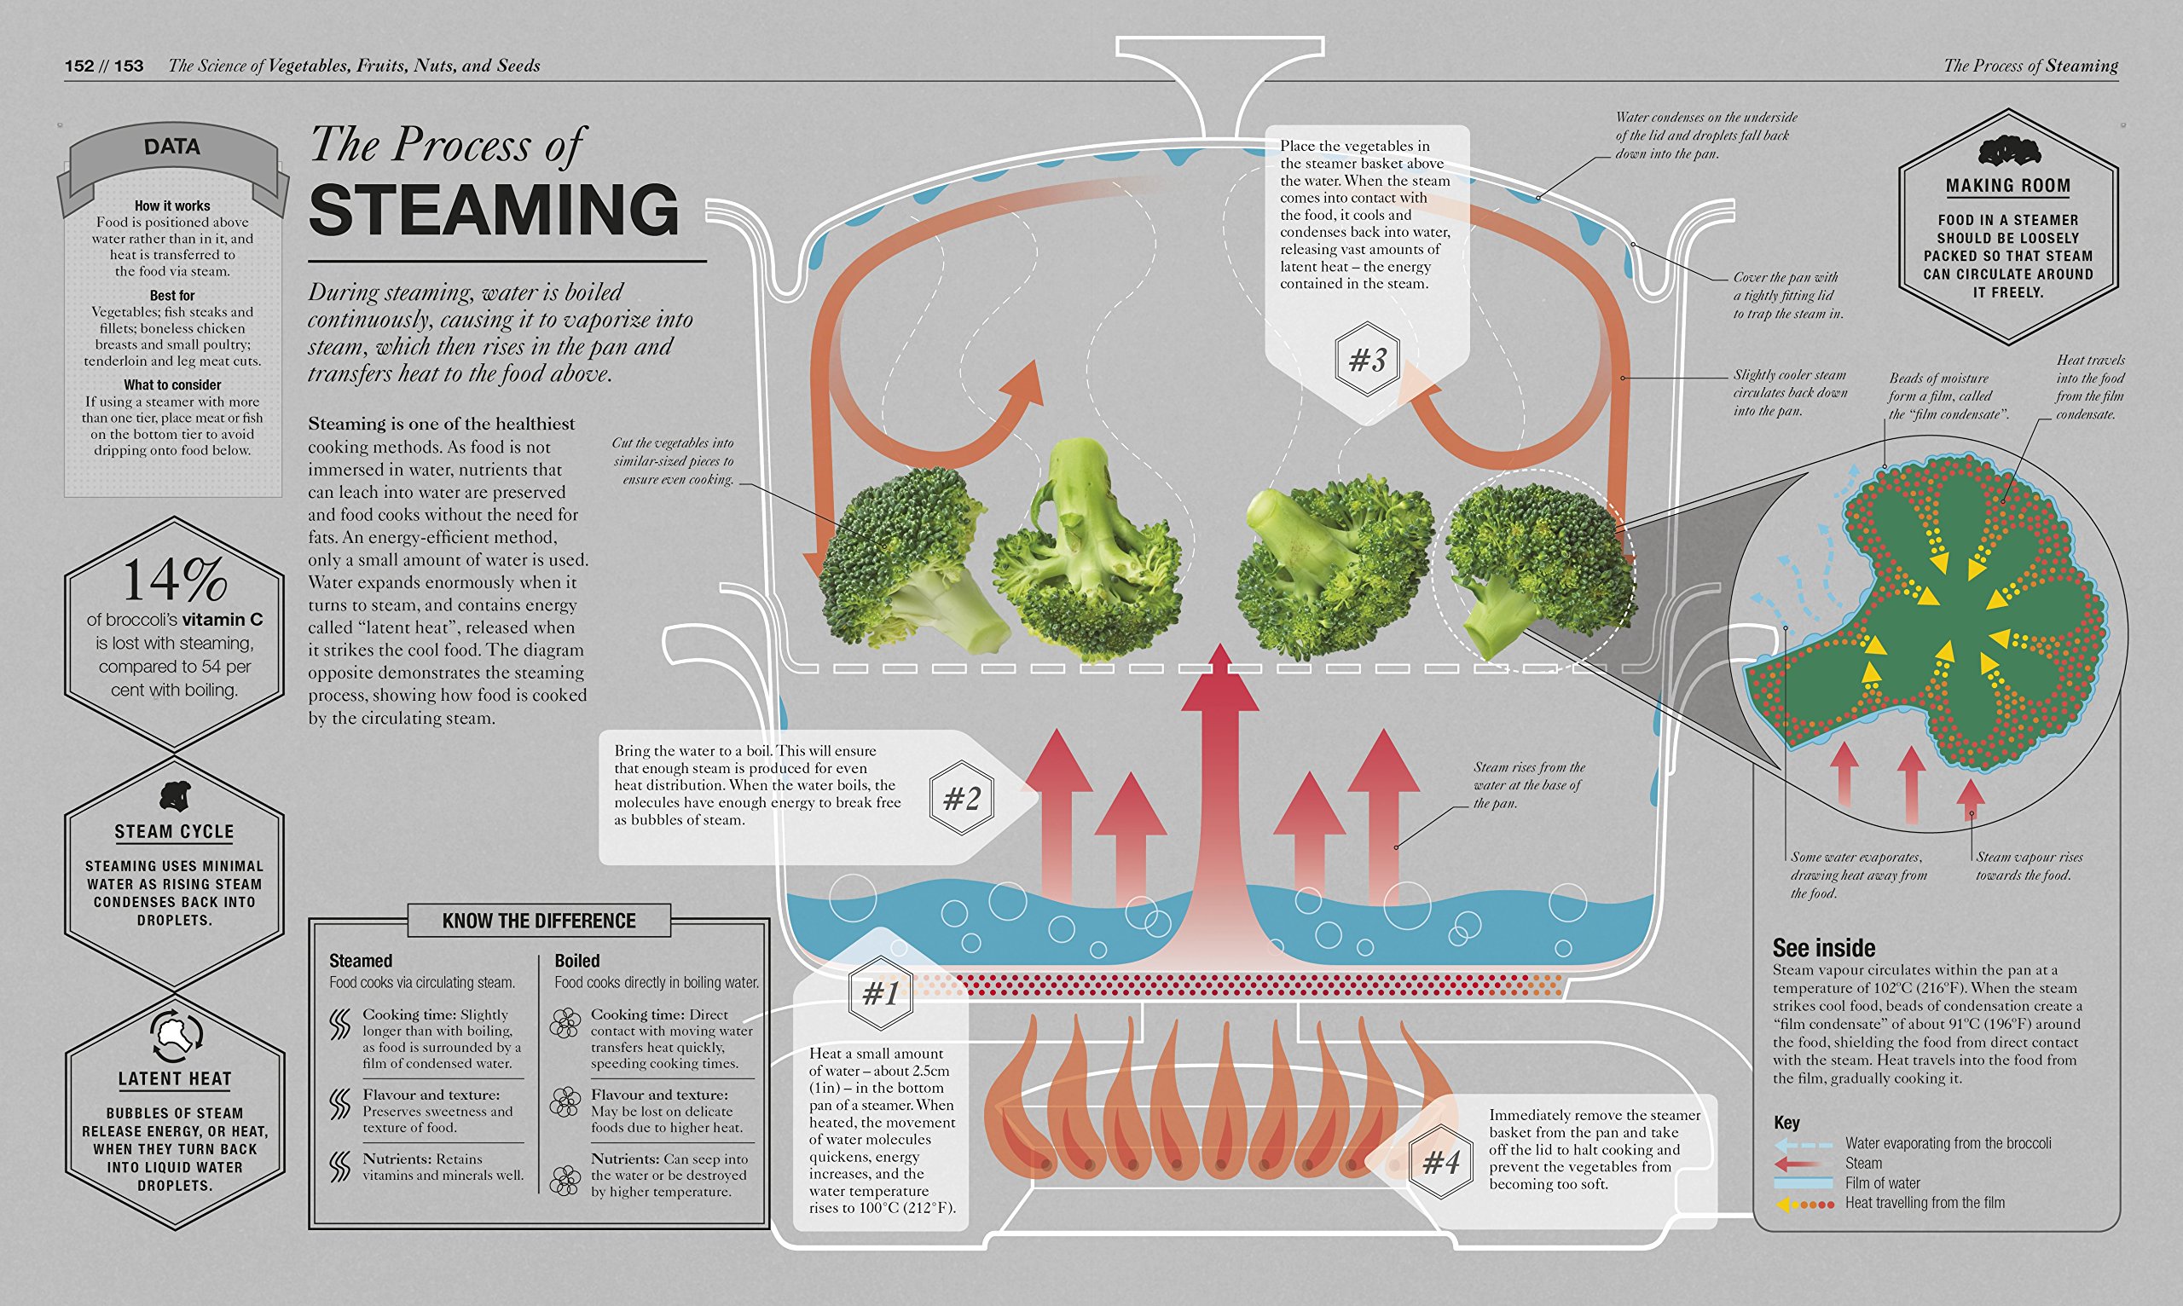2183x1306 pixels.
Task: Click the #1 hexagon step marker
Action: pos(880,994)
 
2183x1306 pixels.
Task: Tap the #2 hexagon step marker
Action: pos(961,798)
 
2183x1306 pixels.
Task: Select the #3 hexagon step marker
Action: pos(1367,359)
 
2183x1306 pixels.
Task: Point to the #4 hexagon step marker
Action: pos(1440,1163)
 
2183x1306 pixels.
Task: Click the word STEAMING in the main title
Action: pos(494,211)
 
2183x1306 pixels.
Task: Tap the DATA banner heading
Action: pos(171,147)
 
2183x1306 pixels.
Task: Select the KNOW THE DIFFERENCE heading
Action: pos(539,921)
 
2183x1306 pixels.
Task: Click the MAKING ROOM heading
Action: pos(2007,186)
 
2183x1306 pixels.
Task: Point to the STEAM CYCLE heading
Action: pos(174,832)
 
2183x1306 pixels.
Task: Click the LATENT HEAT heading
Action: pos(175,1079)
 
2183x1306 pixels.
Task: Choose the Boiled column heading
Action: pos(576,961)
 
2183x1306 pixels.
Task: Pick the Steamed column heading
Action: pos(360,961)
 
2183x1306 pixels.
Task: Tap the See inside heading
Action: pos(1823,948)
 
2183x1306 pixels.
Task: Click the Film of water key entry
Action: pos(1882,1182)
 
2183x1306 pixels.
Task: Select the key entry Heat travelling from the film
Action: pos(1925,1203)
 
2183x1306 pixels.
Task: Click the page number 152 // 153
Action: pos(104,66)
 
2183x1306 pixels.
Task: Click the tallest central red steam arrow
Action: pos(1220,792)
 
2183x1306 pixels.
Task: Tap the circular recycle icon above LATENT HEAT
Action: pos(176,1036)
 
